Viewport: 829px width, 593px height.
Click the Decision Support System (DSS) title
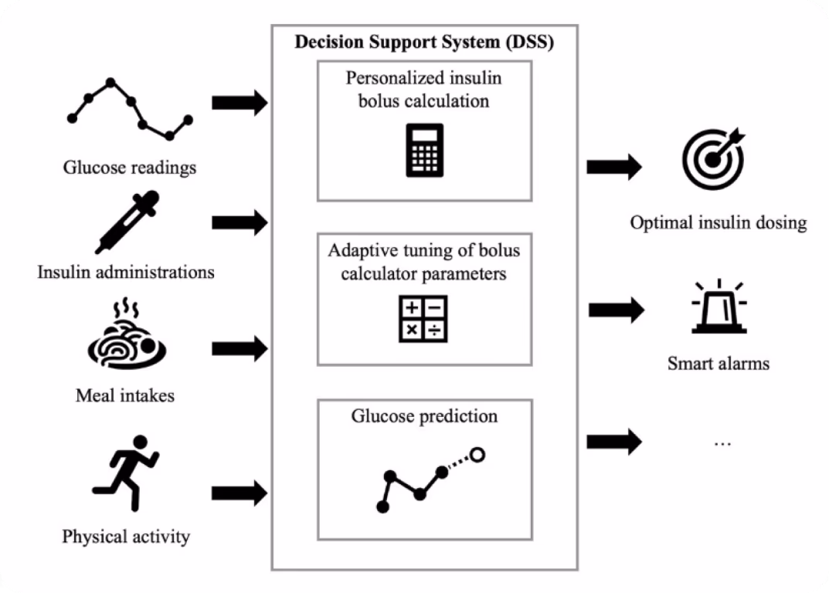coord(424,42)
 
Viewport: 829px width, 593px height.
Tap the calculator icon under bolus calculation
coord(425,150)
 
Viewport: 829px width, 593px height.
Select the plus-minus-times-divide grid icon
coord(423,319)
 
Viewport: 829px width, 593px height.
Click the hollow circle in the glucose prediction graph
coord(477,455)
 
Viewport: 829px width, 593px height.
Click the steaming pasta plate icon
coord(127,334)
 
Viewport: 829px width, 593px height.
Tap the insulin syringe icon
coord(127,222)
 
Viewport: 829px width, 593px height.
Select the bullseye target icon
coord(713,158)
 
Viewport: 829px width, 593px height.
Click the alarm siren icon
coord(719,306)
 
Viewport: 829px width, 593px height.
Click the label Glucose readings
coord(130,168)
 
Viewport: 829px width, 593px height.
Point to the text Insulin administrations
coord(126,273)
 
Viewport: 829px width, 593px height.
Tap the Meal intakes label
coord(124,395)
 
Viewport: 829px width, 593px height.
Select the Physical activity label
coord(126,537)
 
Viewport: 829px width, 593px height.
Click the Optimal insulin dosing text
coord(719,222)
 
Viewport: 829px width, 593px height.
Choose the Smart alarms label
coord(719,364)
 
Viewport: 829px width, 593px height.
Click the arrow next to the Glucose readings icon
coord(240,103)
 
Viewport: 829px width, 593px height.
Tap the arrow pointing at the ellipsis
coord(614,442)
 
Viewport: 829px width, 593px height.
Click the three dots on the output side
coord(722,443)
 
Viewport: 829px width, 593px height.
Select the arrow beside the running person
coord(240,493)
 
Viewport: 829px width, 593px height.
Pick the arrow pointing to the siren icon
coord(617,310)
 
